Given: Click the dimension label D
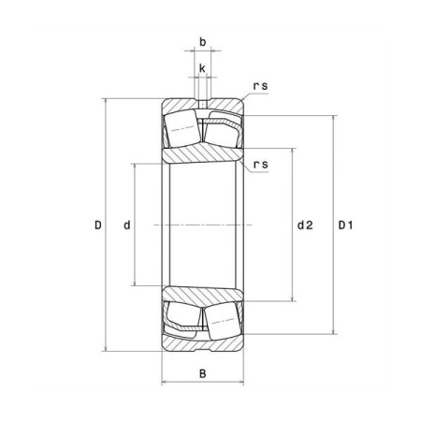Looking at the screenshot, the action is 98,225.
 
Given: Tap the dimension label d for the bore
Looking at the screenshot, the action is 127,225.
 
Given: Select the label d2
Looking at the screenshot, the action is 305,225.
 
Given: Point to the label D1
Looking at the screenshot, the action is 346,225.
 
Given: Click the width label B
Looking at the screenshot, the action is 203,373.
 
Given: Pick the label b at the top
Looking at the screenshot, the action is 203,42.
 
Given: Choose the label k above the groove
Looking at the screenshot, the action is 202,68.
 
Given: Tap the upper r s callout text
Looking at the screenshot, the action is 260,86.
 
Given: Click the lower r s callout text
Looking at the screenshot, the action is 260,165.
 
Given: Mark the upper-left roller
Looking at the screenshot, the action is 182,128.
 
